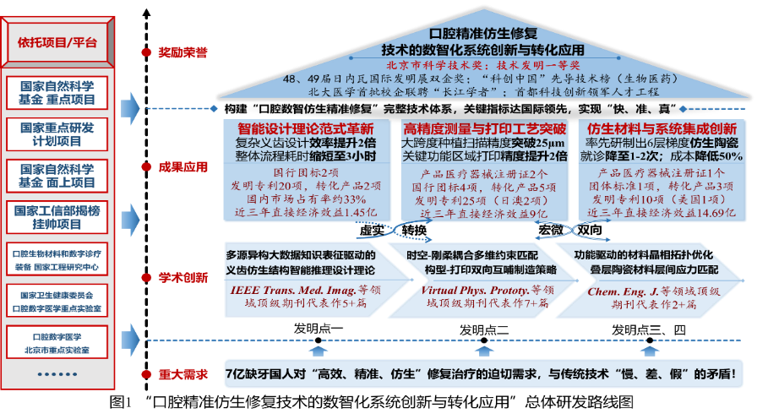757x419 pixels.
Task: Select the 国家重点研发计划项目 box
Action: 57,134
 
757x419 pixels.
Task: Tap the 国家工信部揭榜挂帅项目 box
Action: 57,217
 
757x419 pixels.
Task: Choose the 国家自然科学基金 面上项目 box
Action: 57,176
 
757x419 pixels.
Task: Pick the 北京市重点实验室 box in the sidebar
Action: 57,342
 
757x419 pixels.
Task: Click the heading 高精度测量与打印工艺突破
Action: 484,129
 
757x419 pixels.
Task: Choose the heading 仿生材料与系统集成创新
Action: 662,129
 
